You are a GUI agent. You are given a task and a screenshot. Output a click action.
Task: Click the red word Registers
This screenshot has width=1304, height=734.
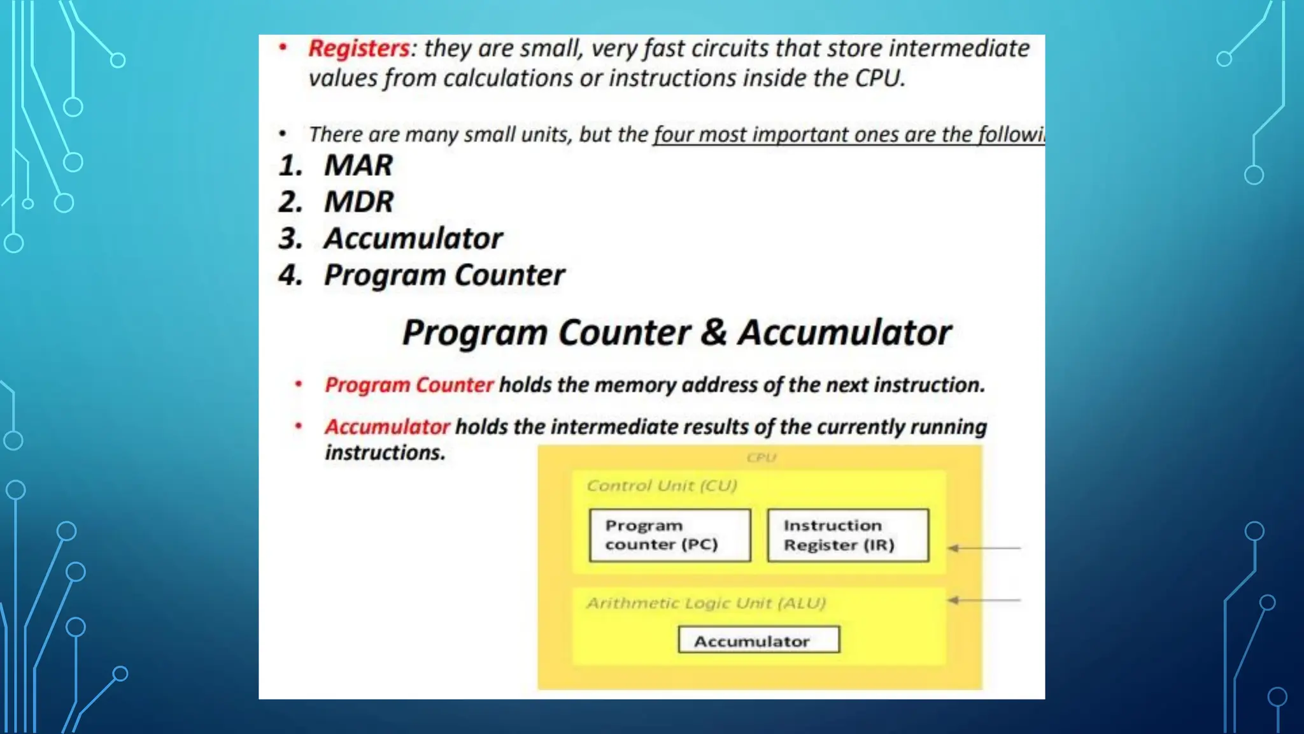(x=358, y=49)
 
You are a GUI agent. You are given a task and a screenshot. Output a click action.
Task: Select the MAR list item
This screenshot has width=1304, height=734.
(x=358, y=166)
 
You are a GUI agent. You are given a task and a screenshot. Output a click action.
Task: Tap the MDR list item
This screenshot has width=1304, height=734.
(x=358, y=202)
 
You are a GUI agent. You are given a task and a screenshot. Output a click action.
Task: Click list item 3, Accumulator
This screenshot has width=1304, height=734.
(x=413, y=238)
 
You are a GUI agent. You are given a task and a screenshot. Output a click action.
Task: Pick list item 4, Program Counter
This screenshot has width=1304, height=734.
(x=444, y=275)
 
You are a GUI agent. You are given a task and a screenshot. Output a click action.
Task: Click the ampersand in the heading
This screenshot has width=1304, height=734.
(x=714, y=333)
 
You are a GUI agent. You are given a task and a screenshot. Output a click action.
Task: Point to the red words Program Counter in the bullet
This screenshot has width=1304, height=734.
(x=409, y=385)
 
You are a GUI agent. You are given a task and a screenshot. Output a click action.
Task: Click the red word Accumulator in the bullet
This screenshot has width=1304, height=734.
(x=387, y=427)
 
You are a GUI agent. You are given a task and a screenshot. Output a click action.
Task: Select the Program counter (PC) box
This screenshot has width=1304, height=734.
(x=670, y=535)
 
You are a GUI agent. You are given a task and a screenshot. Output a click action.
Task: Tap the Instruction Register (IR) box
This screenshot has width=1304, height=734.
(x=847, y=535)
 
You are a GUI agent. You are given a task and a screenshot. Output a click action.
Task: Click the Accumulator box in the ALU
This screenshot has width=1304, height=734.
(x=758, y=640)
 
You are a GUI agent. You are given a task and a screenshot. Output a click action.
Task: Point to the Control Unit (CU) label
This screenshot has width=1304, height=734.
(x=662, y=486)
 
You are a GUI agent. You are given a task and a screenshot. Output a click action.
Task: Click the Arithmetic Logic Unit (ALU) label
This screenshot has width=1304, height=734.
(x=705, y=603)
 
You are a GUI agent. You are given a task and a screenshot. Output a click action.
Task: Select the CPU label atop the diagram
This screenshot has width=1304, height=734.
(x=761, y=457)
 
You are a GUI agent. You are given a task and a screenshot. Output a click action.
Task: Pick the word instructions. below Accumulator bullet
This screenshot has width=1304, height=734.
(x=385, y=453)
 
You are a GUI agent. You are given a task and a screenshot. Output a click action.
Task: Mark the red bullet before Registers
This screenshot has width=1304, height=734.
(x=283, y=48)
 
